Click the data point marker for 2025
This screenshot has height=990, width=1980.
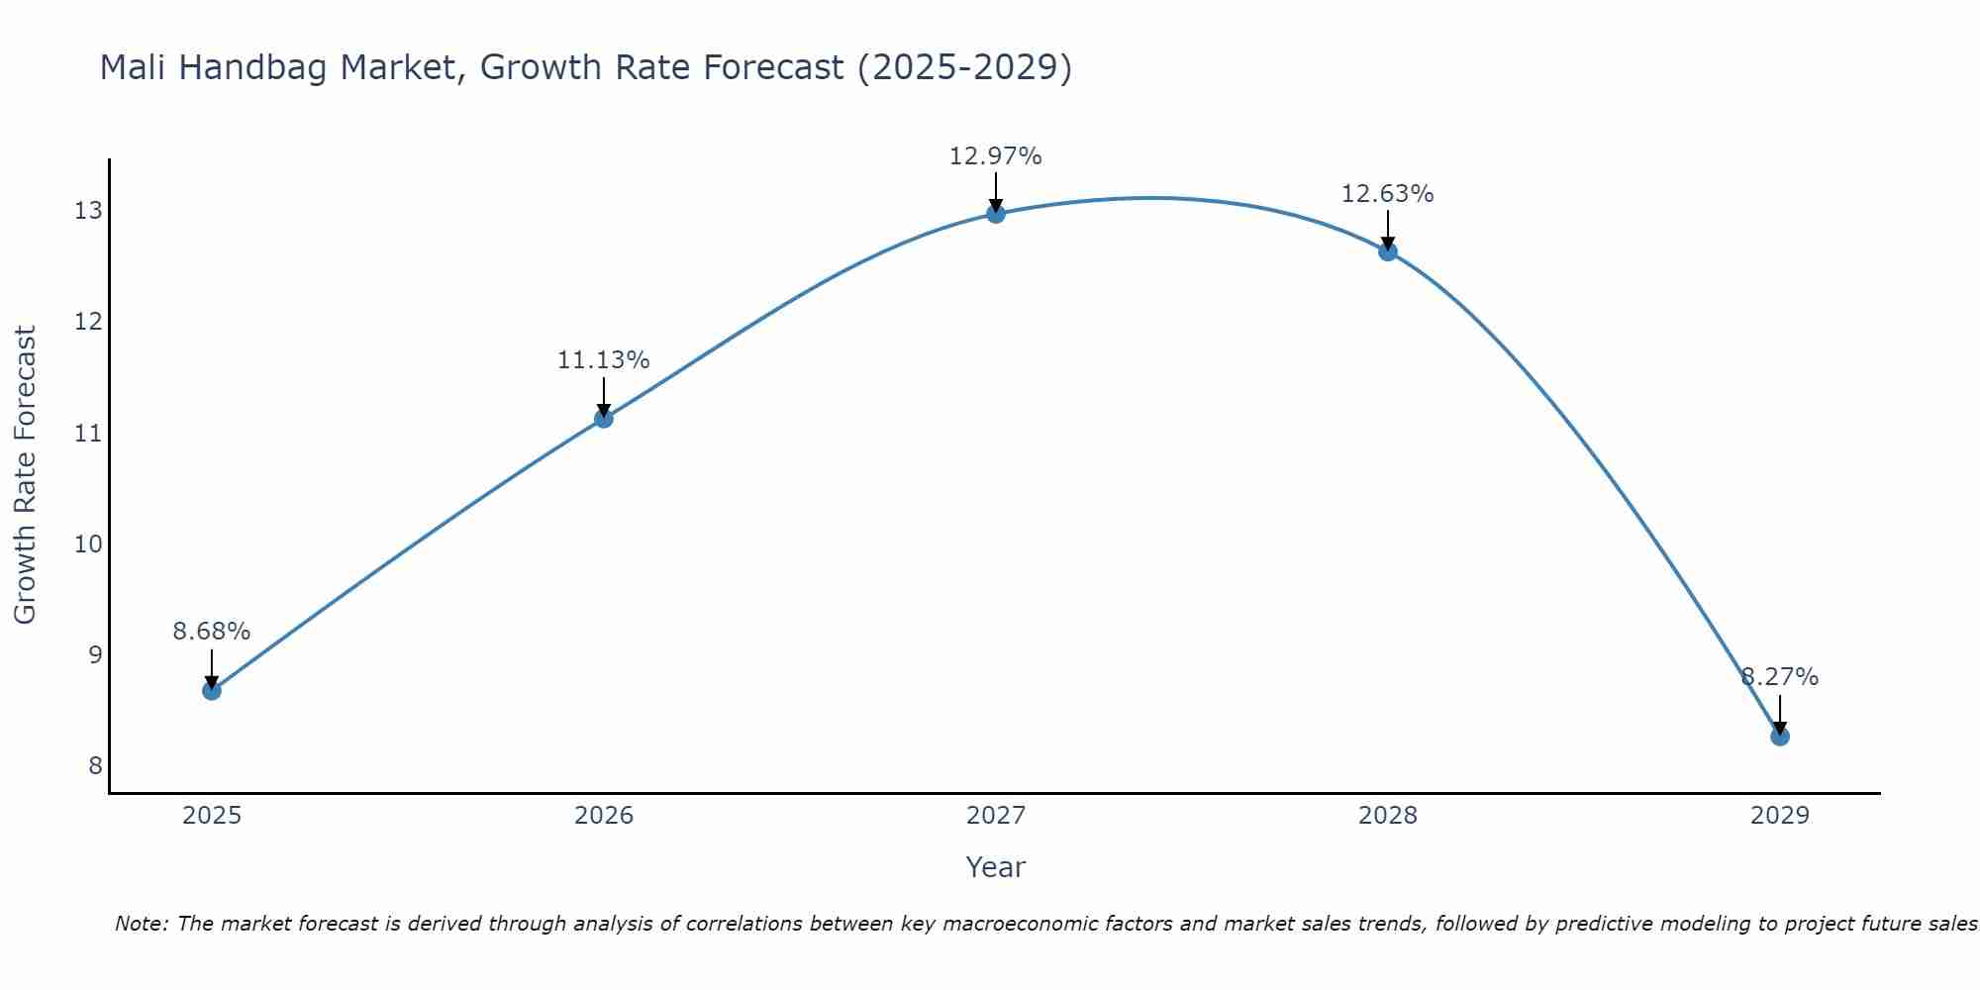tap(212, 690)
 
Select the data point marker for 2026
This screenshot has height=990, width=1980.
tap(604, 418)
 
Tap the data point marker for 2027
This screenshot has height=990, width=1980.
tap(996, 213)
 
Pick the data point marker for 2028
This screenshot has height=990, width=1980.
tap(1388, 251)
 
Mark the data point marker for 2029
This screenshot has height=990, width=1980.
tap(1780, 736)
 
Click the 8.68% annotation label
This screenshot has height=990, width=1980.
tap(212, 632)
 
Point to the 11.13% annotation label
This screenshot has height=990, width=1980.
tap(604, 360)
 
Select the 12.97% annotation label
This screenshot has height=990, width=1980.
tap(996, 156)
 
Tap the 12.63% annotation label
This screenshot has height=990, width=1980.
tap(1388, 194)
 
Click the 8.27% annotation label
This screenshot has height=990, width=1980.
tap(1780, 677)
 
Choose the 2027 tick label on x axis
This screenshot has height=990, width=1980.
tap(996, 816)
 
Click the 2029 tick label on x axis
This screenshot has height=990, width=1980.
tap(1780, 816)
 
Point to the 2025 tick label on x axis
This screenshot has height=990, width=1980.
tap(212, 816)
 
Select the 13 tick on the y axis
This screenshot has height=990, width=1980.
tap(88, 211)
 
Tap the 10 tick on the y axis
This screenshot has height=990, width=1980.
tap(88, 544)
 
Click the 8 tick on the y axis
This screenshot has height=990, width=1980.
tap(95, 765)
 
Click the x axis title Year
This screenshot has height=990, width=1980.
tap(996, 867)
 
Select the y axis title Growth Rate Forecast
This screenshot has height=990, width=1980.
tap(26, 475)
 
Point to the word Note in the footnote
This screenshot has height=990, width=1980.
tap(142, 924)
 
